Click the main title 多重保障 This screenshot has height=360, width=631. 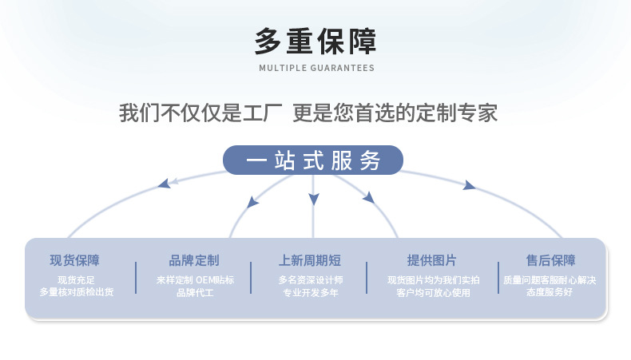point(315,41)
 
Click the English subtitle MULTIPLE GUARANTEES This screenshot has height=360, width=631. point(317,68)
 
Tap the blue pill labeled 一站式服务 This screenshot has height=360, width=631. point(313,160)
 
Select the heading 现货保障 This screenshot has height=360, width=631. point(74,260)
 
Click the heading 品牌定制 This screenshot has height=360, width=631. point(194,260)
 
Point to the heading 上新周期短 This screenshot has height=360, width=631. point(310,260)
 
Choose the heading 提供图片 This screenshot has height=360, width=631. point(432,260)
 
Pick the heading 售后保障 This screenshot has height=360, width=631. point(550,260)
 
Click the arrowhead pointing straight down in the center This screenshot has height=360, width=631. point(313,199)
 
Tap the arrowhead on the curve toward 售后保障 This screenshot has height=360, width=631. point(468,185)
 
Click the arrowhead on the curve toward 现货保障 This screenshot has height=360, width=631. point(165,184)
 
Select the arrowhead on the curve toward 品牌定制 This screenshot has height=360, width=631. point(252,201)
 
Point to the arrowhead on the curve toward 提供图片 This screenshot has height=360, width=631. point(369,197)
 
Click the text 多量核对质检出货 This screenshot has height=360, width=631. point(77,292)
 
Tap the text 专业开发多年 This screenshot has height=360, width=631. point(310,292)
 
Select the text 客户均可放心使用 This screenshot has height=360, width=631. point(433,292)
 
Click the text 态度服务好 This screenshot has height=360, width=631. point(550,292)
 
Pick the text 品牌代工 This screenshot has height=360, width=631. point(195,292)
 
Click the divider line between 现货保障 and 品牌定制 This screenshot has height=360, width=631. point(136,278)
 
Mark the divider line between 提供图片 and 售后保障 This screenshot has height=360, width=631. point(498,278)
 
